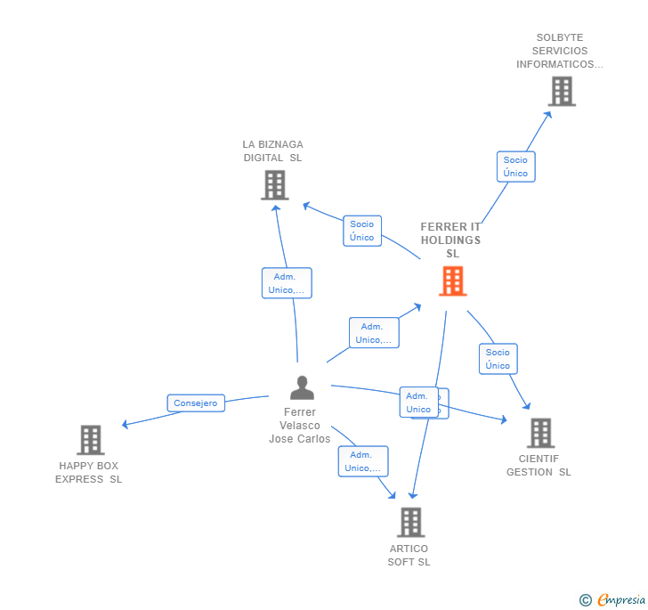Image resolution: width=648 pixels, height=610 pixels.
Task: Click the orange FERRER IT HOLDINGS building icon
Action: click(452, 281)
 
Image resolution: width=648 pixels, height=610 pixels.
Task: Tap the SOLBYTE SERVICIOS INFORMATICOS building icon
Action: click(561, 91)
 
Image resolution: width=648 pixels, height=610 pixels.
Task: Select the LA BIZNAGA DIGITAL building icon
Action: click(274, 185)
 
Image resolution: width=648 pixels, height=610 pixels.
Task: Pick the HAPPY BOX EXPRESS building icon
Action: click(90, 440)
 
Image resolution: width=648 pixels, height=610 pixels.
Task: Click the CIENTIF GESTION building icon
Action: click(540, 433)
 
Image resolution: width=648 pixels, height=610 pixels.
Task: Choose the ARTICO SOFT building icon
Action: click(410, 522)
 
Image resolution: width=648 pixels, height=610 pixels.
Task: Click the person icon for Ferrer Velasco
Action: click(302, 388)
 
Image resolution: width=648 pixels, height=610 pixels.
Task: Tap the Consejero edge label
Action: click(195, 403)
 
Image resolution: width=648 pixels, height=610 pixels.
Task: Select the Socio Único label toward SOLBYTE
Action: click(515, 167)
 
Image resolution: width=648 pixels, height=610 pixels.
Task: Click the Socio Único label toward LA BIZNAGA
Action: click(362, 231)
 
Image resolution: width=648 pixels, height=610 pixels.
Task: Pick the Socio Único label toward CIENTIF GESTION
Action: click(498, 359)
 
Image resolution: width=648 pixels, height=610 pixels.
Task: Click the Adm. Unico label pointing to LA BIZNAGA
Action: click(287, 283)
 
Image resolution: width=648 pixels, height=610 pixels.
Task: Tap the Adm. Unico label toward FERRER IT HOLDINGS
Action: click(373, 333)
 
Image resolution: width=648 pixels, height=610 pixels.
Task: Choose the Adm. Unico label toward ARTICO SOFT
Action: click(362, 461)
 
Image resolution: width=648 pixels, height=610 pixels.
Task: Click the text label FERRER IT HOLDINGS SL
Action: click(450, 240)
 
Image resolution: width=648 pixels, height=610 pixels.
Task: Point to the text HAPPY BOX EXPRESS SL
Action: click(89, 473)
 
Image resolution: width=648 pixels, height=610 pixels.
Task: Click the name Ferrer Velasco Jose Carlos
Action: click(300, 426)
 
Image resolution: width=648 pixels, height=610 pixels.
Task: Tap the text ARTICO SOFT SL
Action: click(409, 556)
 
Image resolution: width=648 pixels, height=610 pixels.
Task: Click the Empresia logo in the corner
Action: click(612, 600)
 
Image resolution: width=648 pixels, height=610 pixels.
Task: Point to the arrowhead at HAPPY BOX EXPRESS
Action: click(125, 425)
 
